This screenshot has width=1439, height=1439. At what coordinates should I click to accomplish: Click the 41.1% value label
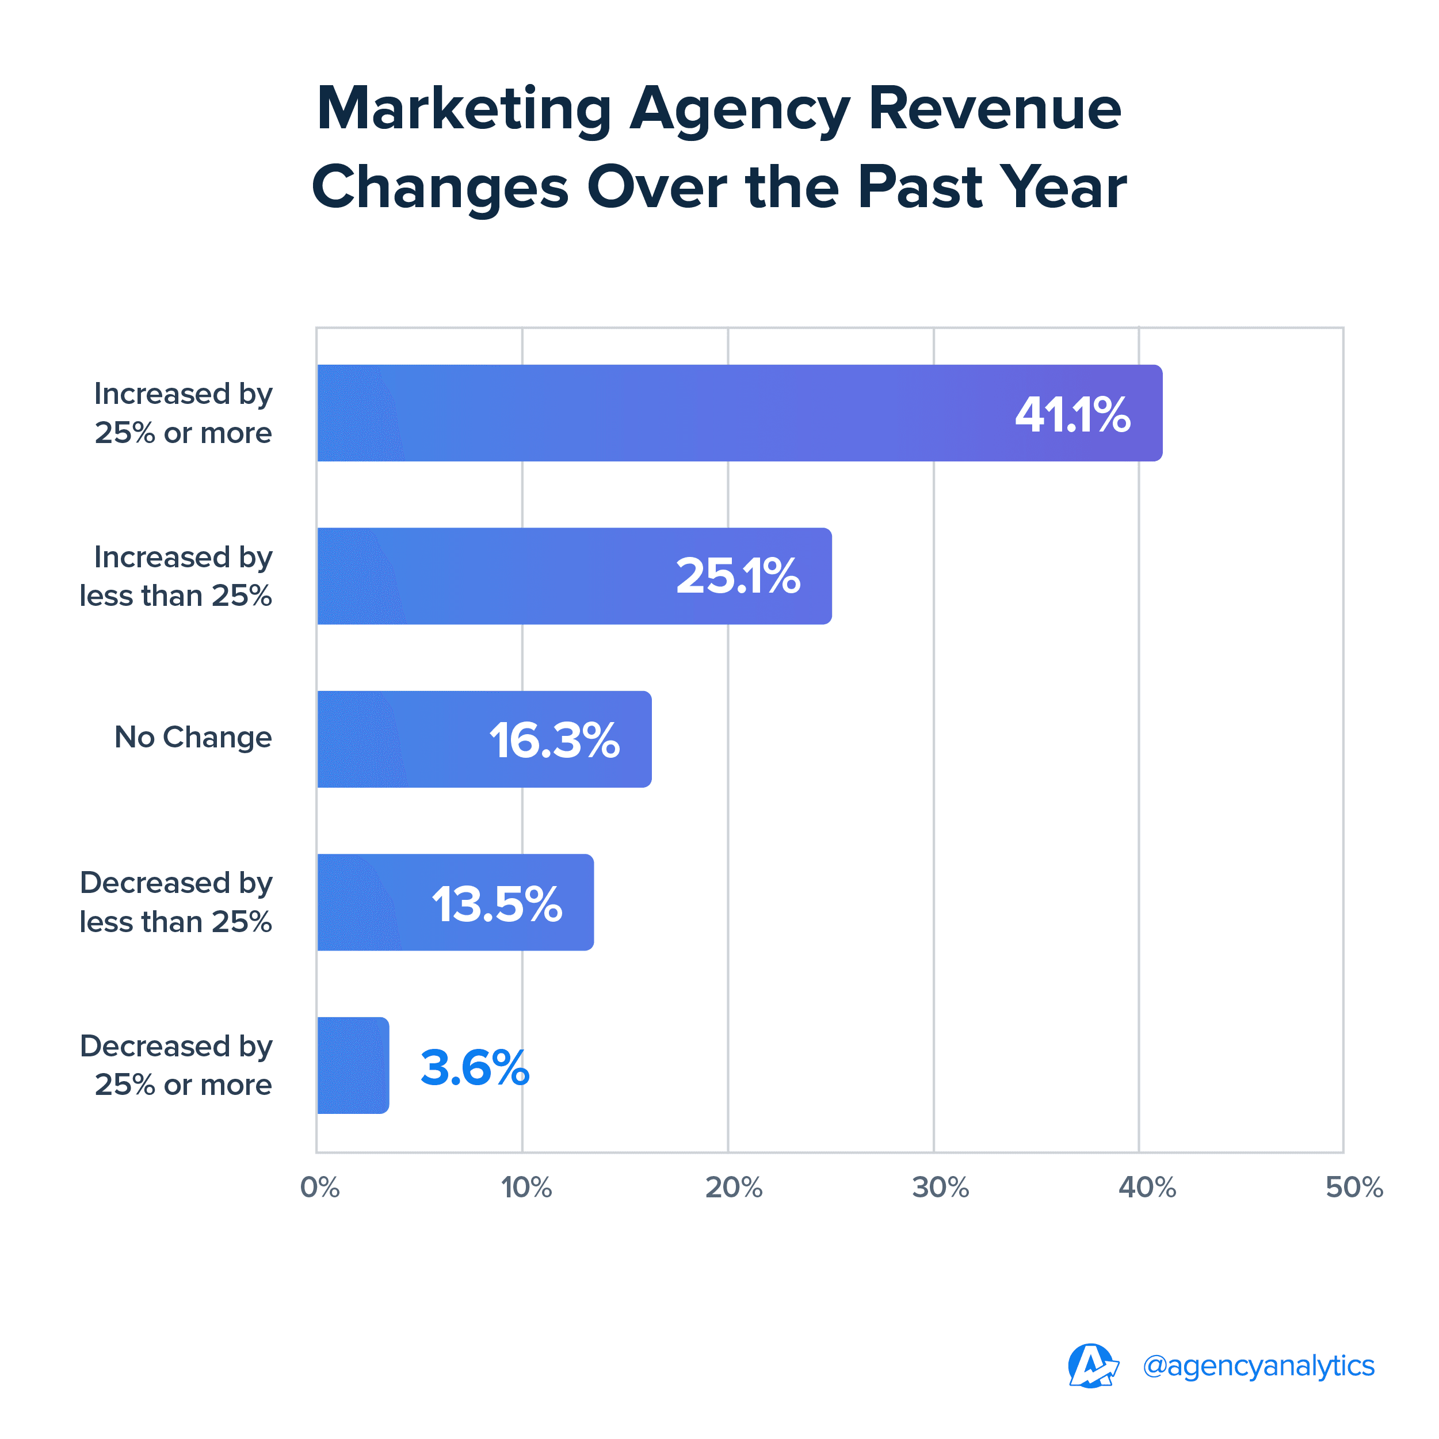1072,414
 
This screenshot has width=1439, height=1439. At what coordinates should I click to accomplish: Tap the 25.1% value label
738,577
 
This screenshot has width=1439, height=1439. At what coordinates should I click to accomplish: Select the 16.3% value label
554,741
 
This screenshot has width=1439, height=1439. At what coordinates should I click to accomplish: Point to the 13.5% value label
497,904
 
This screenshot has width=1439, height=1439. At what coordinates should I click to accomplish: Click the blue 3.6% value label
475,1067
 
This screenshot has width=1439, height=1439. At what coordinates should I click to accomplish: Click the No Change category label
193,738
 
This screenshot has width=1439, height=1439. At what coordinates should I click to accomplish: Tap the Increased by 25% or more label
183,413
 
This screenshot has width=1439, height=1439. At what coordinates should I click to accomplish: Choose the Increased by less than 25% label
176,577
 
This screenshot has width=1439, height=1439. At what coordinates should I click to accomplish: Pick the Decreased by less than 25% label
176,903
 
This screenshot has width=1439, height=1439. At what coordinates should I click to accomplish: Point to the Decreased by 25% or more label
176,1066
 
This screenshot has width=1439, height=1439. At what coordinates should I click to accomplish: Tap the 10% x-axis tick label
526,1187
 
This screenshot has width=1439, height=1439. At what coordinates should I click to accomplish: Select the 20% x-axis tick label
734,1187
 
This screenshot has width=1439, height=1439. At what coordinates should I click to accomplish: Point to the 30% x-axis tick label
940,1187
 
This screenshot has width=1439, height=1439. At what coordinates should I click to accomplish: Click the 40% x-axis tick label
1147,1187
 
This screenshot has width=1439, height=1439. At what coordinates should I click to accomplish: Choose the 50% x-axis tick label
1353,1187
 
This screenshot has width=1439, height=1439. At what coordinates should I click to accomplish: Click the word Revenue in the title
994,109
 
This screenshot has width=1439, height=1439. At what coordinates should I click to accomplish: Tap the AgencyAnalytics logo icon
1092,1366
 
